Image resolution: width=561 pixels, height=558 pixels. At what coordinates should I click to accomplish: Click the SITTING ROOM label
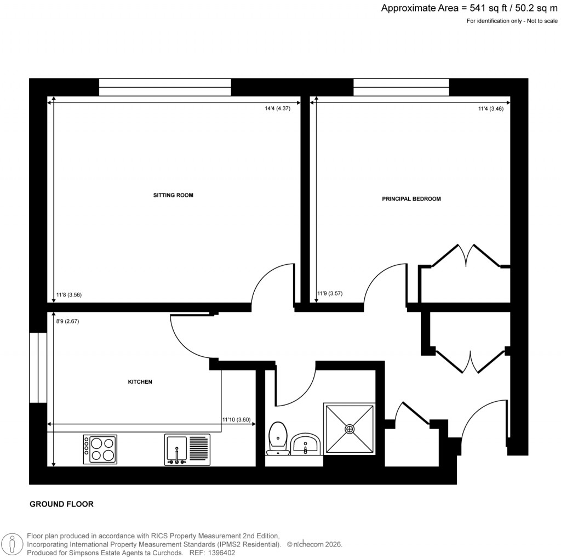pyautogui.click(x=173, y=195)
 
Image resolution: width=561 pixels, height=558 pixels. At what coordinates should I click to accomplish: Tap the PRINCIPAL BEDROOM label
pyautogui.click(x=411, y=199)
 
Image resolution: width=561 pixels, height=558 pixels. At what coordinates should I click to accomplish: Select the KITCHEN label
pyautogui.click(x=140, y=382)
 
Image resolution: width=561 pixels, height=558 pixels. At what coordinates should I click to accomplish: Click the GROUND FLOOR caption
pyautogui.click(x=61, y=504)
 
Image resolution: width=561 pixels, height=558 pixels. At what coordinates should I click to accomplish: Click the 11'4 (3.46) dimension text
pyautogui.click(x=490, y=109)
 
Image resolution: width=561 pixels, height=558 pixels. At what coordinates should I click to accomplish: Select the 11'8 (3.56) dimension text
pyautogui.click(x=69, y=295)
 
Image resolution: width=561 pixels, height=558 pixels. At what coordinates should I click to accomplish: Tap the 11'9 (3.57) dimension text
pyautogui.click(x=330, y=293)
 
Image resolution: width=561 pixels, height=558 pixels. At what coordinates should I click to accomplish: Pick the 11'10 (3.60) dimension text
pyautogui.click(x=236, y=420)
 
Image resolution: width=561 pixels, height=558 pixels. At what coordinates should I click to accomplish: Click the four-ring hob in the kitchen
pyautogui.click(x=100, y=449)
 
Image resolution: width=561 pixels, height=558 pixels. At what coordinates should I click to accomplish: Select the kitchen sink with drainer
pyautogui.click(x=187, y=449)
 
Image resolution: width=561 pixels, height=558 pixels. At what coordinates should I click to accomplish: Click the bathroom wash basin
pyautogui.click(x=306, y=443)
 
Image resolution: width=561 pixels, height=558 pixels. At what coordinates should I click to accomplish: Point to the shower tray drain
pyautogui.click(x=350, y=429)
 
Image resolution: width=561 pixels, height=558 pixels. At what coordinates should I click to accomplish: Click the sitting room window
pyautogui.click(x=165, y=87)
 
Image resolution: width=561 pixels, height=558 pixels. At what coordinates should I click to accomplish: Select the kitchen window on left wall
pyautogui.click(x=38, y=367)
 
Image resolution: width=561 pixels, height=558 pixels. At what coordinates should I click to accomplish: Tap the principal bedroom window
pyautogui.click(x=401, y=87)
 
